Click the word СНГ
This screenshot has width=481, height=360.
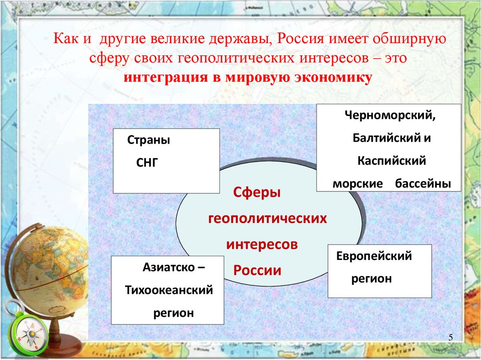(147, 163)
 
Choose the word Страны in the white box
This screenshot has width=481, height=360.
(148, 140)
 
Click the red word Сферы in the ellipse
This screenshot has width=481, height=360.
(257, 192)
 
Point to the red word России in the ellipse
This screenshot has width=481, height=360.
(257, 270)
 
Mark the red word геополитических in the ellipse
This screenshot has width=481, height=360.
(267, 218)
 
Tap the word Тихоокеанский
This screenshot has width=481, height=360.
(169, 290)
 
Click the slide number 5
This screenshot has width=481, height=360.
(450, 338)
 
